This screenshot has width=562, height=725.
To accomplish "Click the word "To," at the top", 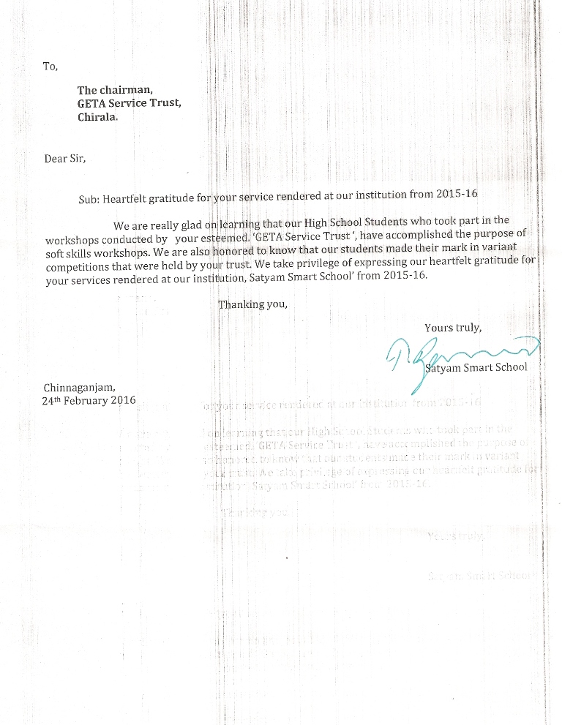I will click(x=50, y=66).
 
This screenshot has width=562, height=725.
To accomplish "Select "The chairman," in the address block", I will click(x=114, y=91).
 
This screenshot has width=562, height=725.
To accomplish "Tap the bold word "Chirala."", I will click(x=97, y=117).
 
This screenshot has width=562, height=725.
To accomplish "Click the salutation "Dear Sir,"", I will click(x=65, y=158).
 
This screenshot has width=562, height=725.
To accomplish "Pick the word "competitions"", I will click(x=77, y=266).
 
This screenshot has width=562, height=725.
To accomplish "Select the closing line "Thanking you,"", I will click(x=253, y=304).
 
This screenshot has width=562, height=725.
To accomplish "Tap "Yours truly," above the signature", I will click(x=453, y=327).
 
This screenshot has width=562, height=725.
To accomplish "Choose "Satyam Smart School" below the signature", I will click(x=476, y=367).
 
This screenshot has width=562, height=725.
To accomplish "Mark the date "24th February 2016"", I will click(x=89, y=401).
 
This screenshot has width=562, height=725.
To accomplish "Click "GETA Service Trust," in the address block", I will click(x=130, y=104).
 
